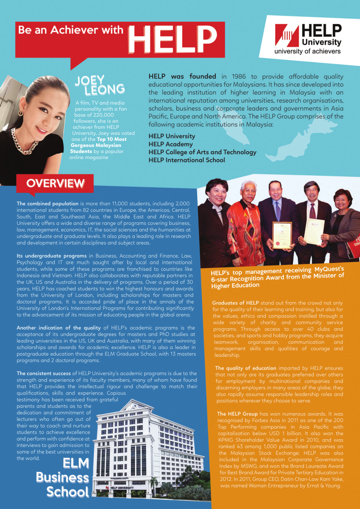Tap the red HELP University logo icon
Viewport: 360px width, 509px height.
(287, 35)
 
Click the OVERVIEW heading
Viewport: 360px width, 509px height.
(55, 183)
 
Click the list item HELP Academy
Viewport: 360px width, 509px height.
(170, 144)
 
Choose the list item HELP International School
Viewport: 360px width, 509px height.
(187, 160)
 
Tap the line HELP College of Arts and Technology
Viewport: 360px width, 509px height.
(202, 152)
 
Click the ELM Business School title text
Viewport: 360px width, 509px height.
(63, 478)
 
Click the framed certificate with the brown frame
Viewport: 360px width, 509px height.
(282, 235)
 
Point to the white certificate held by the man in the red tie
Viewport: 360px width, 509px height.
(314, 231)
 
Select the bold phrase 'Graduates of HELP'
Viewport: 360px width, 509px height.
(235, 303)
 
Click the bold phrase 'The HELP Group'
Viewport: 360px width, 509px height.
(237, 414)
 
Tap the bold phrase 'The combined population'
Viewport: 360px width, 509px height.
(47, 203)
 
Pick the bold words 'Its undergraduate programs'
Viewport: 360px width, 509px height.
(51, 256)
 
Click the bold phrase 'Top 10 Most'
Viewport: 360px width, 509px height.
(112, 139)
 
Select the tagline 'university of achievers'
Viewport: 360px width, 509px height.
(307, 51)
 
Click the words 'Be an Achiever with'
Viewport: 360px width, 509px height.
(71, 30)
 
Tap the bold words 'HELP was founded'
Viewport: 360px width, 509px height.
(182, 77)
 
